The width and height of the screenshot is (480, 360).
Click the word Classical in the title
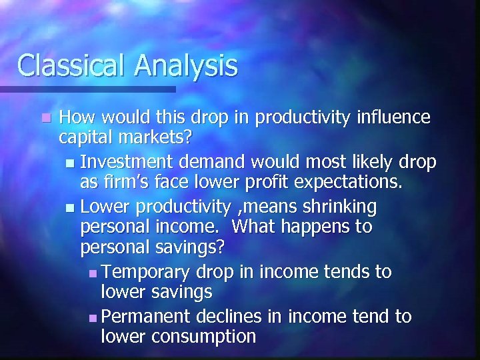pyautogui.click(x=71, y=65)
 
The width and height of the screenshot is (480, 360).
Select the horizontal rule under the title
pyautogui.click(x=87, y=89)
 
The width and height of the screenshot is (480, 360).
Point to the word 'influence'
pyautogui.click(x=392, y=117)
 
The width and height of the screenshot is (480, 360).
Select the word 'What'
pyautogui.click(x=259, y=227)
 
